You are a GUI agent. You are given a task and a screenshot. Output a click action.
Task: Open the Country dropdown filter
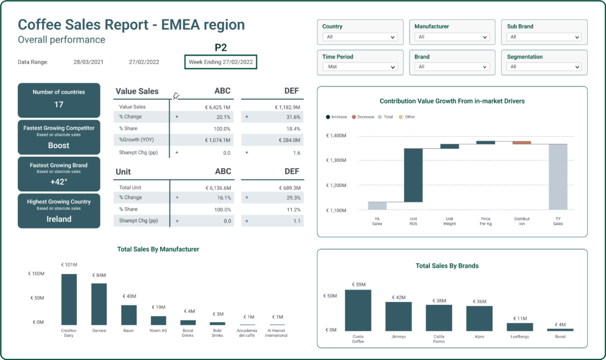(360, 37)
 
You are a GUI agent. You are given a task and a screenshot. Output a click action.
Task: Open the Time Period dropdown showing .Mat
(360, 67)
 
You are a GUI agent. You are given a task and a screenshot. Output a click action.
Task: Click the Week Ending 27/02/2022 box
(221, 62)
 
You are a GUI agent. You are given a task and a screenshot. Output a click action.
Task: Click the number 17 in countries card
(59, 105)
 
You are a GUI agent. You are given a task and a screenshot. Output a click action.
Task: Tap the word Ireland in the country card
(59, 219)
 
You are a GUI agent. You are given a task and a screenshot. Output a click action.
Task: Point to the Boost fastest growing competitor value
(59, 146)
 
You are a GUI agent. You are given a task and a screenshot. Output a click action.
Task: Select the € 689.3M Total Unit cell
(286, 188)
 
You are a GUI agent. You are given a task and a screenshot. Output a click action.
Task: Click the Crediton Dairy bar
(69, 299)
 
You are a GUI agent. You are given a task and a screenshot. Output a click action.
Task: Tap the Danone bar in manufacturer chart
(99, 304)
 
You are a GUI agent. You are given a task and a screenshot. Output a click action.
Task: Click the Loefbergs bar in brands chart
(520, 327)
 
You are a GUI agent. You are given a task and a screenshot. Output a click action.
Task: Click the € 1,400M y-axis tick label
(336, 136)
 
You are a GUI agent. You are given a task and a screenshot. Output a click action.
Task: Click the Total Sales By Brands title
(447, 266)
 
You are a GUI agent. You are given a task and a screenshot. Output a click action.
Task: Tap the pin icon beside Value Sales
(176, 96)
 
